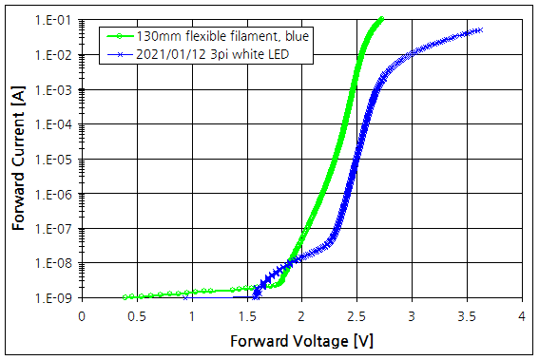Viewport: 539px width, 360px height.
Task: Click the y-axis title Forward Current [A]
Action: (18, 157)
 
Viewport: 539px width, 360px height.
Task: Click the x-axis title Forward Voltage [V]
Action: (301, 339)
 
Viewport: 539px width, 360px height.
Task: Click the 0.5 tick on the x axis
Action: (137, 314)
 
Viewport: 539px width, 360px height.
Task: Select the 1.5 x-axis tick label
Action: (246, 314)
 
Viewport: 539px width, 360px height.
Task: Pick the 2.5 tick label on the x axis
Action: (356, 314)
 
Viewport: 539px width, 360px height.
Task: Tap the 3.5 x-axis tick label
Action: (467, 314)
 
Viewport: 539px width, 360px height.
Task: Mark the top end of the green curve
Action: (381, 18)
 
